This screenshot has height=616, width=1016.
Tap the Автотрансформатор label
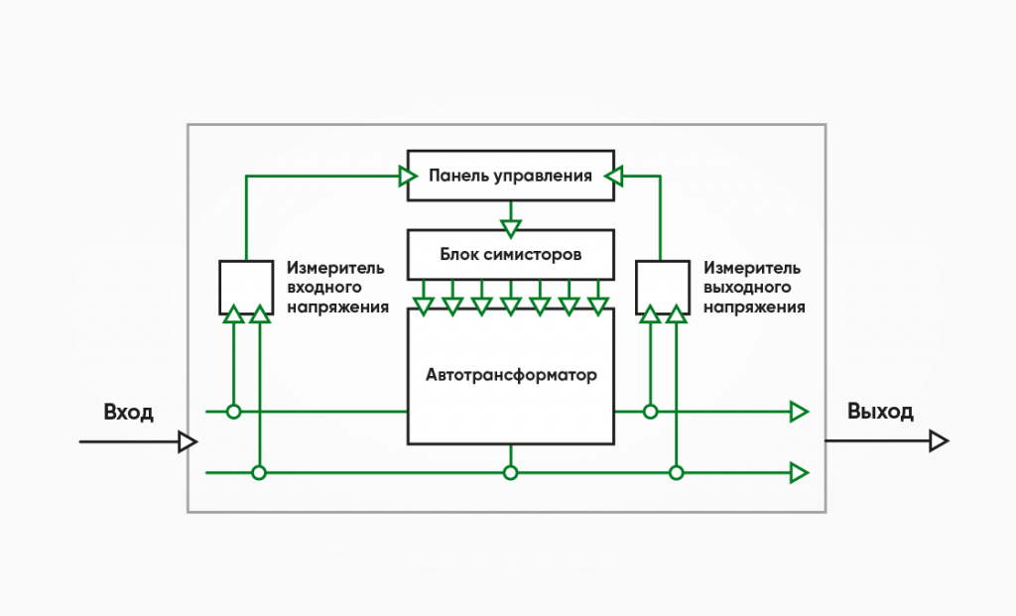tap(511, 375)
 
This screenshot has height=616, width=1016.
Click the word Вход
tap(128, 412)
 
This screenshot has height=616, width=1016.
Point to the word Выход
tap(880, 412)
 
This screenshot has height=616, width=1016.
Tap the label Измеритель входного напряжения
tap(337, 288)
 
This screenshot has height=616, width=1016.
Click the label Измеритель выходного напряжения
tap(754, 288)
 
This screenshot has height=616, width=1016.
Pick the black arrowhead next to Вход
tap(188, 441)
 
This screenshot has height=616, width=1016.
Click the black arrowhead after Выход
tap(939, 441)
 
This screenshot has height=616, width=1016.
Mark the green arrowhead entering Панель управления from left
tap(408, 176)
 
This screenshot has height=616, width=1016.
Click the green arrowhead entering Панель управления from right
tap(613, 176)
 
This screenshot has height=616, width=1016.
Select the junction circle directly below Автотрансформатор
tap(511, 473)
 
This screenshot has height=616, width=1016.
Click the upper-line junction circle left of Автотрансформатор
tap(234, 412)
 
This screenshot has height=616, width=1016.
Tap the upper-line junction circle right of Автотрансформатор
tap(651, 412)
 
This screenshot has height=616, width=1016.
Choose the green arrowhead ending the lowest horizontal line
tap(800, 473)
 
